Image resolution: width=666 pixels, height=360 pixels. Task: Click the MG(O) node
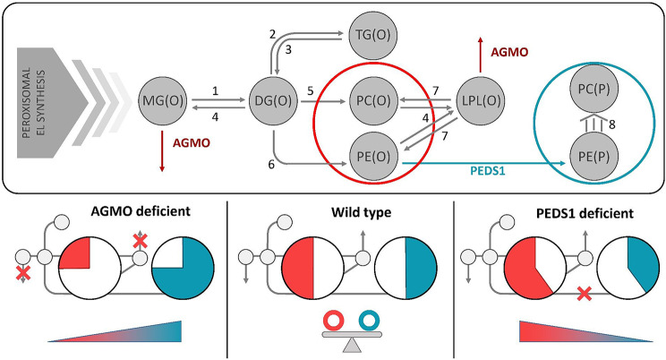pyautogui.click(x=163, y=100)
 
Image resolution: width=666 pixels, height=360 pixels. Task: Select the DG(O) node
pyautogui.click(x=273, y=100)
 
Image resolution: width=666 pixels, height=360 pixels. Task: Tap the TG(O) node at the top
pyautogui.click(x=373, y=35)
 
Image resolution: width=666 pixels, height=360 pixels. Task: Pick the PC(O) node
pyautogui.click(x=374, y=100)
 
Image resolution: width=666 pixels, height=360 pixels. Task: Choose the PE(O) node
pyautogui.click(x=374, y=157)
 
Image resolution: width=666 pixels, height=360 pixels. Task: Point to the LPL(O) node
pyautogui.click(x=482, y=100)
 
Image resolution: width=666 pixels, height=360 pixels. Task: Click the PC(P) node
pyautogui.click(x=593, y=89)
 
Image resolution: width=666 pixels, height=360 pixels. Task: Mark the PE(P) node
pyautogui.click(x=593, y=157)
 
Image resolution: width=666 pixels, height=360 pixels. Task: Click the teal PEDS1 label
pyautogui.click(x=488, y=171)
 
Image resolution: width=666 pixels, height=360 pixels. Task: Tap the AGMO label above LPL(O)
pyautogui.click(x=509, y=52)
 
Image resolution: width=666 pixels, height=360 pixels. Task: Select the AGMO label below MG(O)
pyautogui.click(x=192, y=142)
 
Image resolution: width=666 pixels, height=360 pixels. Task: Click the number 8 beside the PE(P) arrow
pyautogui.click(x=611, y=124)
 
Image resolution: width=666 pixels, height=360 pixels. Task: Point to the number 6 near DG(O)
pyautogui.click(x=271, y=164)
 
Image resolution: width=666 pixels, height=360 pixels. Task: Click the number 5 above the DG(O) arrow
pyautogui.click(x=310, y=90)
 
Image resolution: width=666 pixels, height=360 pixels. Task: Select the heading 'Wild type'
pyautogui.click(x=361, y=212)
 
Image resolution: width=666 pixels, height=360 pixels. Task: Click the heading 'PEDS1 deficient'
pyautogui.click(x=585, y=213)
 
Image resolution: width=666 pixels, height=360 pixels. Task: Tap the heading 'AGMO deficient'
pyautogui.click(x=141, y=211)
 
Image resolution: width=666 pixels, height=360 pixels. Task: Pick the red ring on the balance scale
pyautogui.click(x=334, y=321)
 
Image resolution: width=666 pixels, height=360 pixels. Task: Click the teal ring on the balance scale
pyautogui.click(x=369, y=321)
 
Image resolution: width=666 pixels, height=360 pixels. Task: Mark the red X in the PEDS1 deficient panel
pyautogui.click(x=585, y=294)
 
